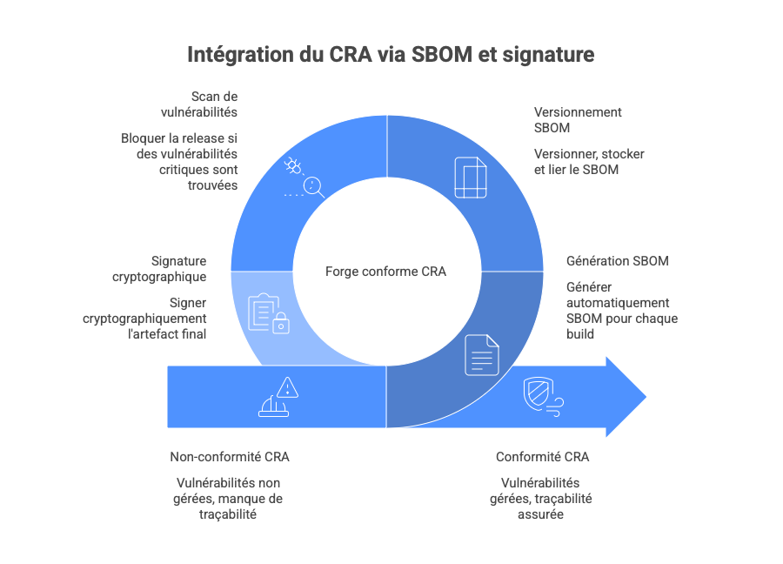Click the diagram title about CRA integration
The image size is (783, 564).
(391, 55)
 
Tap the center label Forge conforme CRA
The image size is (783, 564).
(385, 272)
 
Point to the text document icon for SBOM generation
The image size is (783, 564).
(482, 354)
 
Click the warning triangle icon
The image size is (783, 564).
(279, 398)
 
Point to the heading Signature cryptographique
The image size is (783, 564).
(178, 269)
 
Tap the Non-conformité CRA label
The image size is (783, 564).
(230, 457)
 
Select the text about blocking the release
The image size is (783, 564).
(181, 162)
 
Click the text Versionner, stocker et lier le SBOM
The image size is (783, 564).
(588, 162)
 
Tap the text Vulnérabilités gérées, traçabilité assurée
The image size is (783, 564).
(545, 499)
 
